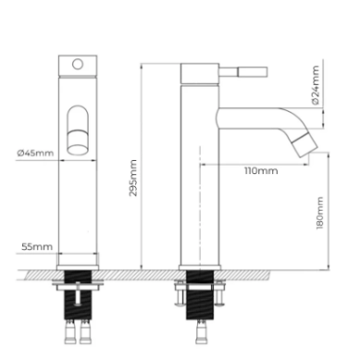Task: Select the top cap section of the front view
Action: click(x=79, y=66)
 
